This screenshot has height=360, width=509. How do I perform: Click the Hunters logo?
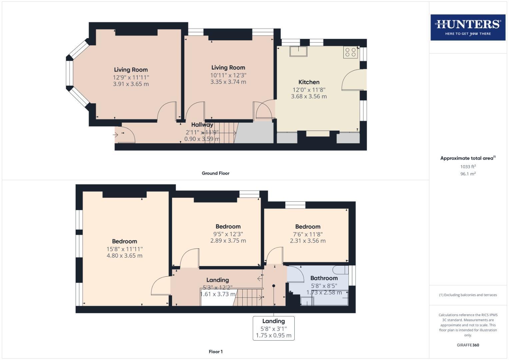coord(468,27)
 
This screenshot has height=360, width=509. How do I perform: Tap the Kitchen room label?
coord(309,82)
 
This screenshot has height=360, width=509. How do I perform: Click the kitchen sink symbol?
coord(298,51)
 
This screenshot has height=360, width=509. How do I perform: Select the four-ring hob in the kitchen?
coord(350,52)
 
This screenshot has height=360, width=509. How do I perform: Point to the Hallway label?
coord(202,125)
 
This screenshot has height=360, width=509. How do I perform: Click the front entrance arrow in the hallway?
coord(116,135)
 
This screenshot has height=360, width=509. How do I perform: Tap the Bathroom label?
coord(324,278)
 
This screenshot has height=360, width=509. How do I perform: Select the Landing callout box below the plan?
coord(273,328)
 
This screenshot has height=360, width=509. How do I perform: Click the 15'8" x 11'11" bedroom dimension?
coord(124,249)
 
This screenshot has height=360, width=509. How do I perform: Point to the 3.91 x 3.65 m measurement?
coord(131,84)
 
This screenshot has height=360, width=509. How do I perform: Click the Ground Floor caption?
coord(215,173)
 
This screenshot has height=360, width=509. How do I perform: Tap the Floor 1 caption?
coord(216,352)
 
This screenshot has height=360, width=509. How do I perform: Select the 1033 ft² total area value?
coord(468,167)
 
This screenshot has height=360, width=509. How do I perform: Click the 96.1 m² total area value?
coord(468,174)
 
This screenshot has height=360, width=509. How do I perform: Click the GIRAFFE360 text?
coord(468,345)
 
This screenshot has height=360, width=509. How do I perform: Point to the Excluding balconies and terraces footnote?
coord(468,295)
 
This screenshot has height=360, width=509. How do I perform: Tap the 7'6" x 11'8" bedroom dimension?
coord(307,234)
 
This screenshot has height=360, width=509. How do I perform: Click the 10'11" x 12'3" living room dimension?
coord(228,75)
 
